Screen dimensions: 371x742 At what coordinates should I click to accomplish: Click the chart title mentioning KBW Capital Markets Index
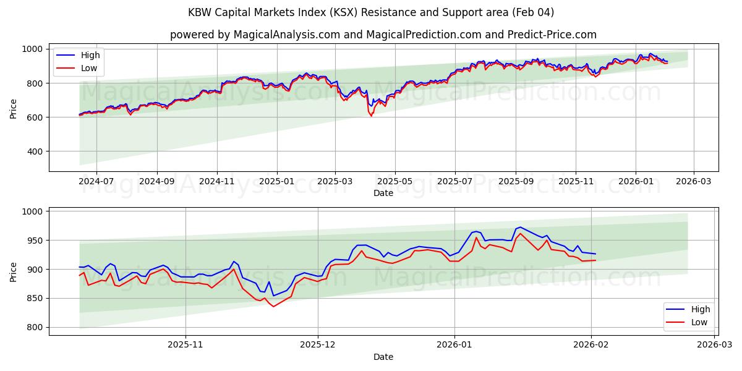pyautogui.click(x=371, y=12)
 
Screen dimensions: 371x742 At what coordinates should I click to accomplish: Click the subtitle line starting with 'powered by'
pyautogui.click(x=383, y=35)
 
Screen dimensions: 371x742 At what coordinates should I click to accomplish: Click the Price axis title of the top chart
pyautogui.click(x=14, y=108)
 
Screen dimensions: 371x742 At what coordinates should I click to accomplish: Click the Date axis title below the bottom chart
pyautogui.click(x=383, y=357)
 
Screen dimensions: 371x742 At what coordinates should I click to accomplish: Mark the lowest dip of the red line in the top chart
pyautogui.click(x=372, y=116)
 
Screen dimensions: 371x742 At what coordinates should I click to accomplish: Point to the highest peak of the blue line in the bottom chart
pyautogui.click(x=520, y=227)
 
